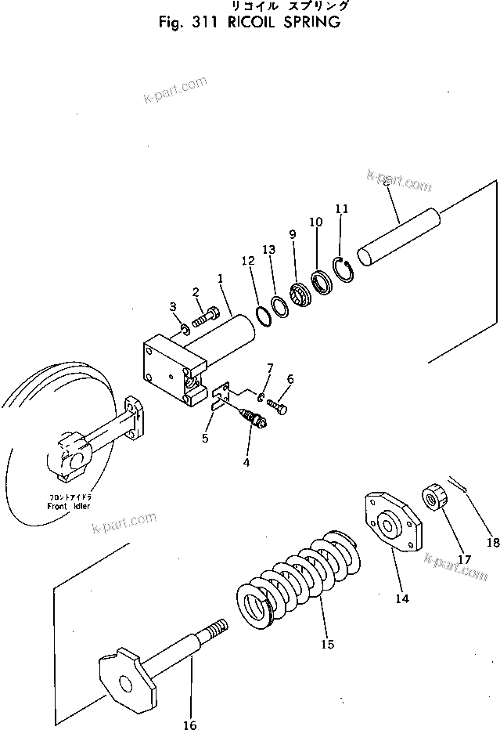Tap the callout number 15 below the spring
coord(326,644)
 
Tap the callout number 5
coord(204,438)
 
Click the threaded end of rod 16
coord(217,628)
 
